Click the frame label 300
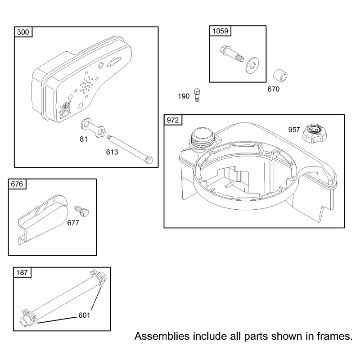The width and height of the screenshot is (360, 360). (23, 32)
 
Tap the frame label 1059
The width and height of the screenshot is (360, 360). (220, 31)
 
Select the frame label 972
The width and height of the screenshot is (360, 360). (173, 120)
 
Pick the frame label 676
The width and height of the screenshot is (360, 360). (17, 184)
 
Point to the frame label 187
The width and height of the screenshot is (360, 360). (22, 272)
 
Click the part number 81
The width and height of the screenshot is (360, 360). (84, 139)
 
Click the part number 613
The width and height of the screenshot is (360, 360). (112, 152)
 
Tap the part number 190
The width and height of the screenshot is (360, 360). (184, 96)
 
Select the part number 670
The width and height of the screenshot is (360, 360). (274, 89)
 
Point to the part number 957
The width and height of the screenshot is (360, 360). (294, 130)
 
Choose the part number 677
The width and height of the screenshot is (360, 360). (73, 223)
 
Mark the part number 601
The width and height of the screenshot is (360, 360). (84, 315)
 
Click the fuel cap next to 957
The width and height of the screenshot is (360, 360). (314, 133)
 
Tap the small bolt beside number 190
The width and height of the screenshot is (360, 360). (197, 94)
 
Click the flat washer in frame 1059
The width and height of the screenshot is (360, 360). (252, 65)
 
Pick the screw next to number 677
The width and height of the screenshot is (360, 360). (82, 211)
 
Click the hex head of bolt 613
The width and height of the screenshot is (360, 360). (149, 160)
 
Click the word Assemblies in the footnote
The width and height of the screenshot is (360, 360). (162, 336)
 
